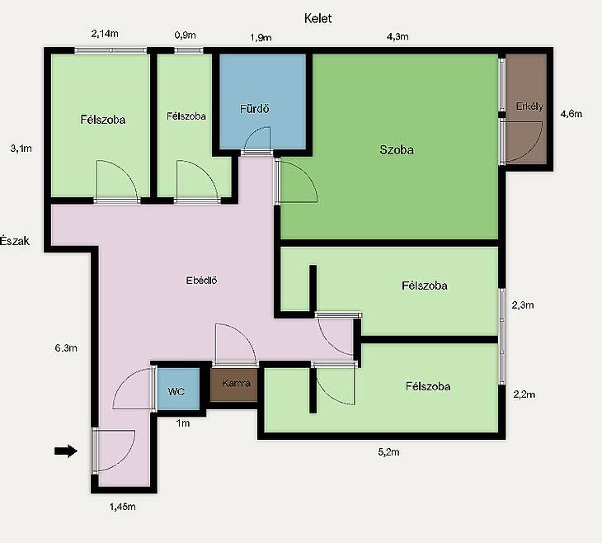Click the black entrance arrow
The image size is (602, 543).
(66, 451)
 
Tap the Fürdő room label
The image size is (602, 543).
(255, 109)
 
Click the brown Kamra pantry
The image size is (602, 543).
(234, 385)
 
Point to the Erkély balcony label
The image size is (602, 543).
(529, 106)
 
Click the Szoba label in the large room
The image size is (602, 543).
(397, 149)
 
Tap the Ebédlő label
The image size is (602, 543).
(201, 280)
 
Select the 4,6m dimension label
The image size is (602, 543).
(571, 114)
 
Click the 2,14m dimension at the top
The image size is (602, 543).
(105, 34)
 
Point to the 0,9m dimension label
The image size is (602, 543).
(185, 35)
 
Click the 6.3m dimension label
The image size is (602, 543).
(66, 347)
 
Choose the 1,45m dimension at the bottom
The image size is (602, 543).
(123, 507)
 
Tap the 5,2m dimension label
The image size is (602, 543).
(388, 452)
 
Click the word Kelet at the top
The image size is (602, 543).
(317, 18)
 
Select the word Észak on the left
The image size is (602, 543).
(15, 241)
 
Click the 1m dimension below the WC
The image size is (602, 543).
(183, 423)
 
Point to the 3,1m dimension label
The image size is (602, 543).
(21, 149)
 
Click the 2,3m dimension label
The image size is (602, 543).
(523, 305)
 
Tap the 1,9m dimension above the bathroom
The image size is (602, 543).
(261, 37)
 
